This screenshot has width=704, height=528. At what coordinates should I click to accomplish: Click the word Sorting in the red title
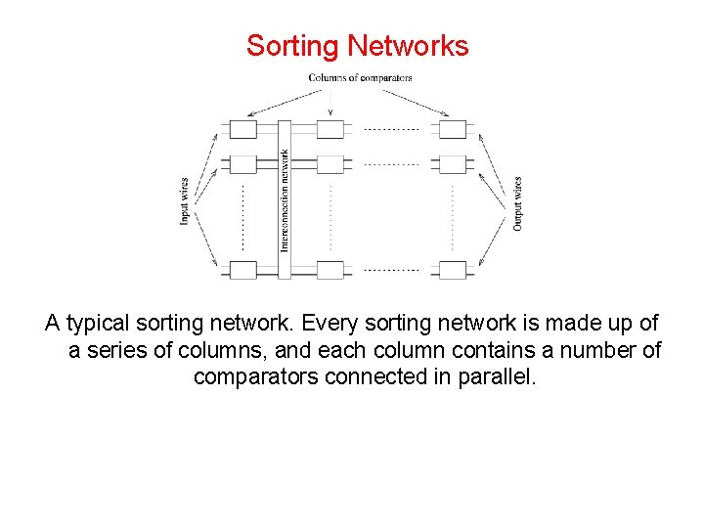tap(293, 46)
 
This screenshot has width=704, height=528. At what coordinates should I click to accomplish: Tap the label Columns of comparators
tap(360, 78)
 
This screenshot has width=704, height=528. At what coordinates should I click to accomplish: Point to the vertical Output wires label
tap(517, 203)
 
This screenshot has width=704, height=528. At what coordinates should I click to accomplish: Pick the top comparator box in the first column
tap(242, 129)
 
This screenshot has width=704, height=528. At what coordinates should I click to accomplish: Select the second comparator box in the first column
tap(242, 163)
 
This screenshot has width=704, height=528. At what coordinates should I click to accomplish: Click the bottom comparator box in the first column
tap(242, 269)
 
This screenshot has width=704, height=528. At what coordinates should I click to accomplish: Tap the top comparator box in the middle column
tap(330, 129)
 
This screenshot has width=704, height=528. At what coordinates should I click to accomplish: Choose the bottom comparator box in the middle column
tap(330, 269)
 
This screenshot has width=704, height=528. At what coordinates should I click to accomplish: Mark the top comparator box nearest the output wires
tap(452, 129)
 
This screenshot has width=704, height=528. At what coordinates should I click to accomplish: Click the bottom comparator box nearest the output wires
tap(452, 269)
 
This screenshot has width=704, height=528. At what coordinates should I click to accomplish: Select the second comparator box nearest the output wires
tap(452, 163)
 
